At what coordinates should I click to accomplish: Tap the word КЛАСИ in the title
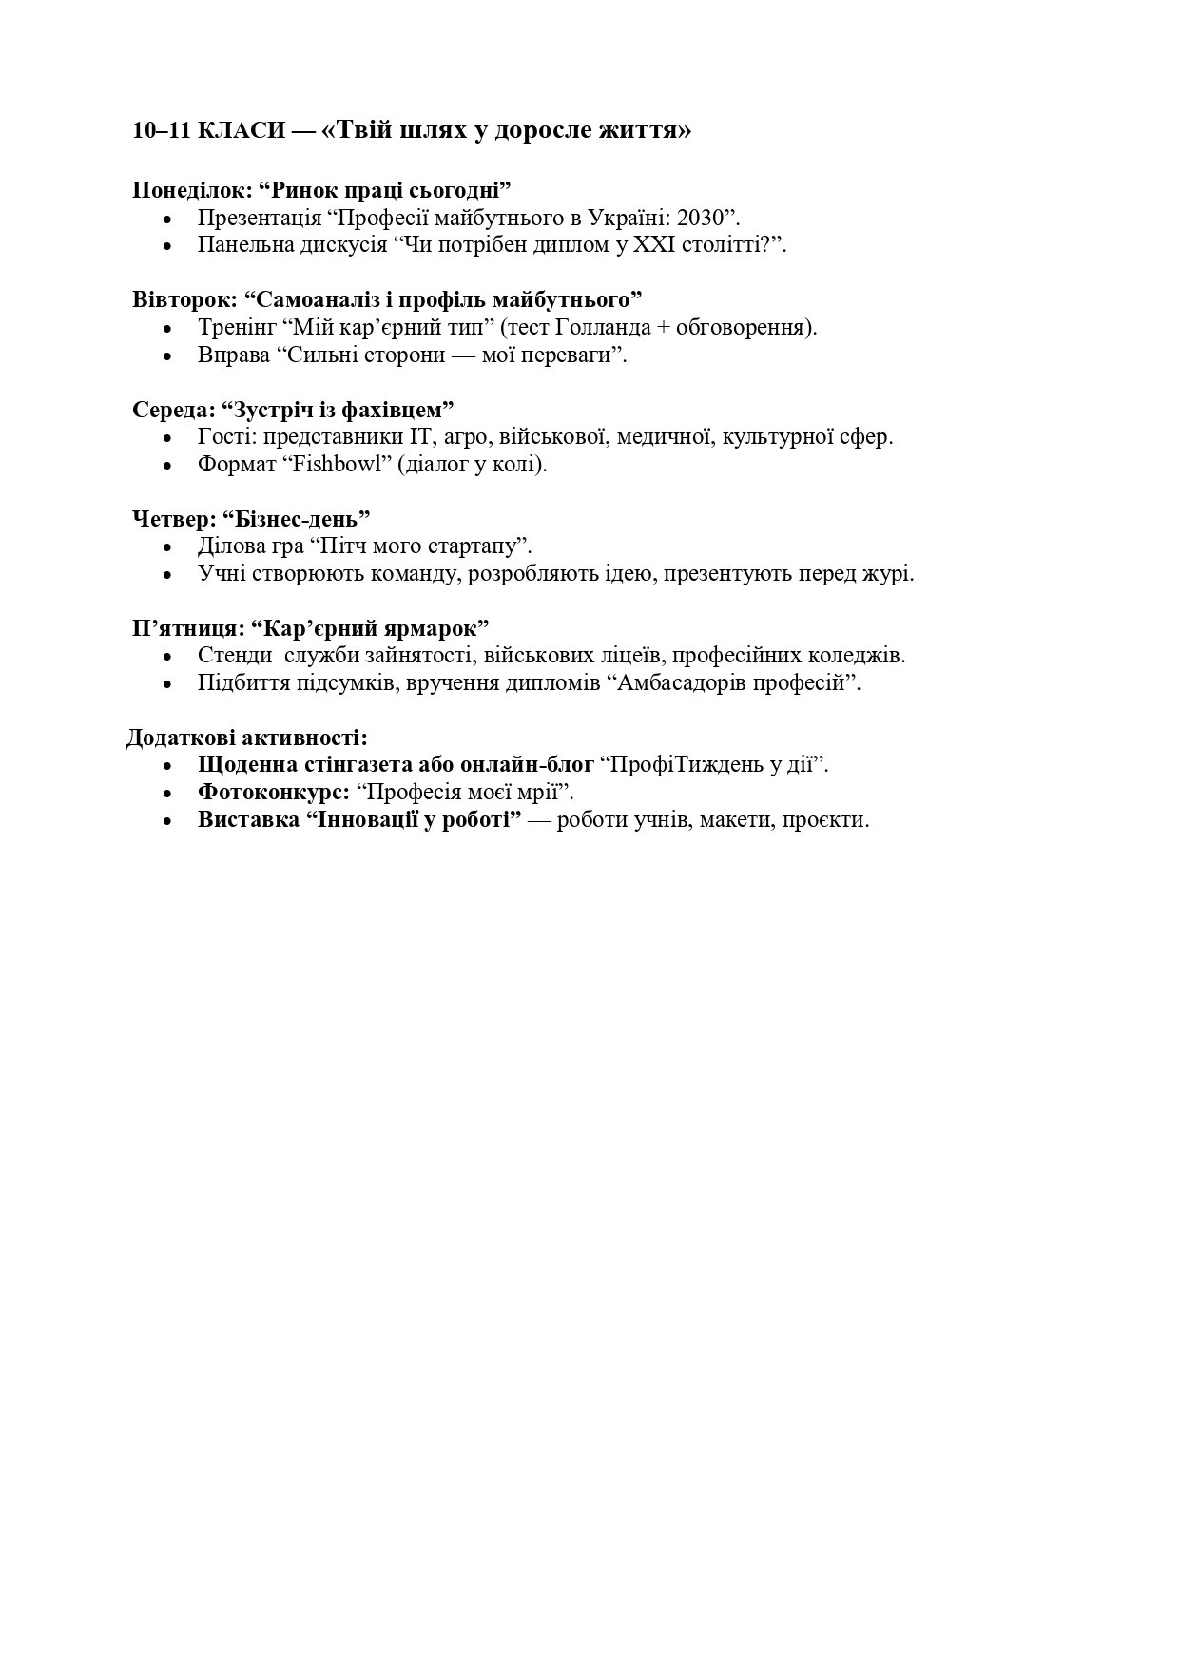242,131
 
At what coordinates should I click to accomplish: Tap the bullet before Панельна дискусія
168,246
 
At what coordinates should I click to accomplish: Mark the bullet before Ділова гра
168,547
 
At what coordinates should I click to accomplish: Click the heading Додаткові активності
247,738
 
